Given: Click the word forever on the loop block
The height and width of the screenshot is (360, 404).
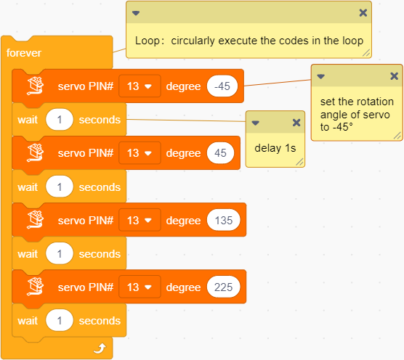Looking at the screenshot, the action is (24, 53).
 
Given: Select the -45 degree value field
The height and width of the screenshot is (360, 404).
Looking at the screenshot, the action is (222, 86).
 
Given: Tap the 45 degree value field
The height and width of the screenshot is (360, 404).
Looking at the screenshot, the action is (221, 153).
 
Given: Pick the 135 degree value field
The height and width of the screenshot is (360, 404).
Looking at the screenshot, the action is (224, 220).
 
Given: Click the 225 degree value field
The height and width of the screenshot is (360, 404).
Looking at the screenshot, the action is (224, 287).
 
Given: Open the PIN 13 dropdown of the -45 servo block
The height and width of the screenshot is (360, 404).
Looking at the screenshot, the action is (140, 86).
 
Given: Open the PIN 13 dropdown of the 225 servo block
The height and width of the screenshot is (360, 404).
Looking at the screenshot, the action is (140, 287).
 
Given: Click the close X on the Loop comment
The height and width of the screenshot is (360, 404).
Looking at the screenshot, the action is (363, 12).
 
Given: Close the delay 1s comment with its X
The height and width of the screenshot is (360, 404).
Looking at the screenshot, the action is (296, 123).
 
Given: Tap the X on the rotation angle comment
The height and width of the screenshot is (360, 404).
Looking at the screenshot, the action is (395, 76).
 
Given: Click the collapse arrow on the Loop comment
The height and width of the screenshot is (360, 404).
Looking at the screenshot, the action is (136, 13).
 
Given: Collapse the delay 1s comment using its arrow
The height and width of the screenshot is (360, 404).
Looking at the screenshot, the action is (255, 123).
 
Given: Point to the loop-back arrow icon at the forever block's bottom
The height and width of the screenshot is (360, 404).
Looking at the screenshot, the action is (100, 348).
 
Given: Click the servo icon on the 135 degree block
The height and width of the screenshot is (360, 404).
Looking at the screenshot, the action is (36, 219).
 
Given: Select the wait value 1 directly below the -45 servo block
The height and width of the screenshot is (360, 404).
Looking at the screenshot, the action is (60, 120).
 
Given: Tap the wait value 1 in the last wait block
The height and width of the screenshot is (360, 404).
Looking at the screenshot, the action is (60, 321).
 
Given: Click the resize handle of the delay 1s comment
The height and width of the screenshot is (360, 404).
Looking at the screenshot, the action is (299, 162).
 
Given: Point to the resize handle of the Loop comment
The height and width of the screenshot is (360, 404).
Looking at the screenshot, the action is (366, 53).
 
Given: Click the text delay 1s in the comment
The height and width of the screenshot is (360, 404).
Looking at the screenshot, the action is (275, 148).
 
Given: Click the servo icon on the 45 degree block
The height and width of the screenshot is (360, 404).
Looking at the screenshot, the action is (36, 152).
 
